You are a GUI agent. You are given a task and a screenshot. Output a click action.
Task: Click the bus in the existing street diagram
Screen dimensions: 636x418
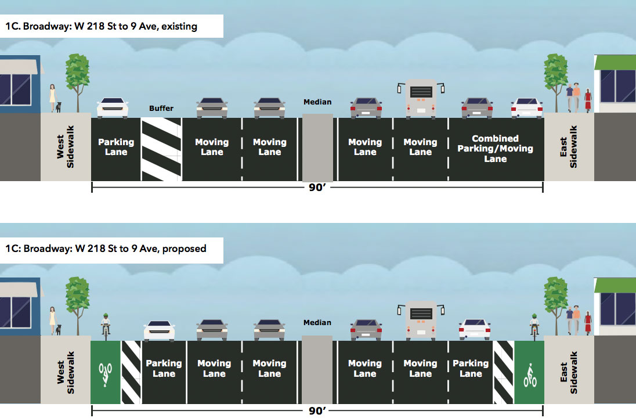pos(421,98)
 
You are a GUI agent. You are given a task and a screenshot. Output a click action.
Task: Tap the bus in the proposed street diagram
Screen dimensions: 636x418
pos(421,320)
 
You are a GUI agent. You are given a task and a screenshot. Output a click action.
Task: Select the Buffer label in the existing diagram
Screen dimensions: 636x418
pos(161,109)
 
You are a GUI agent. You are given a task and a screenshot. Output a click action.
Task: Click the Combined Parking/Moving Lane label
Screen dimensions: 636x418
pos(495,149)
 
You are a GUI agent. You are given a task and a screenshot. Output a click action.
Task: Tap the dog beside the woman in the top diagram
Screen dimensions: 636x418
pos(59,107)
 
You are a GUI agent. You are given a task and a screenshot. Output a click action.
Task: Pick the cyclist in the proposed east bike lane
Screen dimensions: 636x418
pos(534,327)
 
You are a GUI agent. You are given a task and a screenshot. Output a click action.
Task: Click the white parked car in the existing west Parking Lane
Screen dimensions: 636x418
pos(113,107)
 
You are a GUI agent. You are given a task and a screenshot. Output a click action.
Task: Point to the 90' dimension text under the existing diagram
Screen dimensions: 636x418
pos(317,188)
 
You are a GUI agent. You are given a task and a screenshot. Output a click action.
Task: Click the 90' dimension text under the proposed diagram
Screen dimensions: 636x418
pos(317,410)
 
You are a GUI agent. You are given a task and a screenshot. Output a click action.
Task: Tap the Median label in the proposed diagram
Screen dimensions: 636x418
pos(317,323)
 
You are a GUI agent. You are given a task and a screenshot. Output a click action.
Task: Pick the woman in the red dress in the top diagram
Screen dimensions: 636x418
pos(588,100)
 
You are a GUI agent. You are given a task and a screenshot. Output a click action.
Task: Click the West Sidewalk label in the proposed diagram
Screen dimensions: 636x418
pos(66,373)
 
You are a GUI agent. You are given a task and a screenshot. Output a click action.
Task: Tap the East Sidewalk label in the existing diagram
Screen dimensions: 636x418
pos(568,146)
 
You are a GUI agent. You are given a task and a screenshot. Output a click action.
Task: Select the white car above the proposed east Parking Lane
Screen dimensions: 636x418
pos(475,330)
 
